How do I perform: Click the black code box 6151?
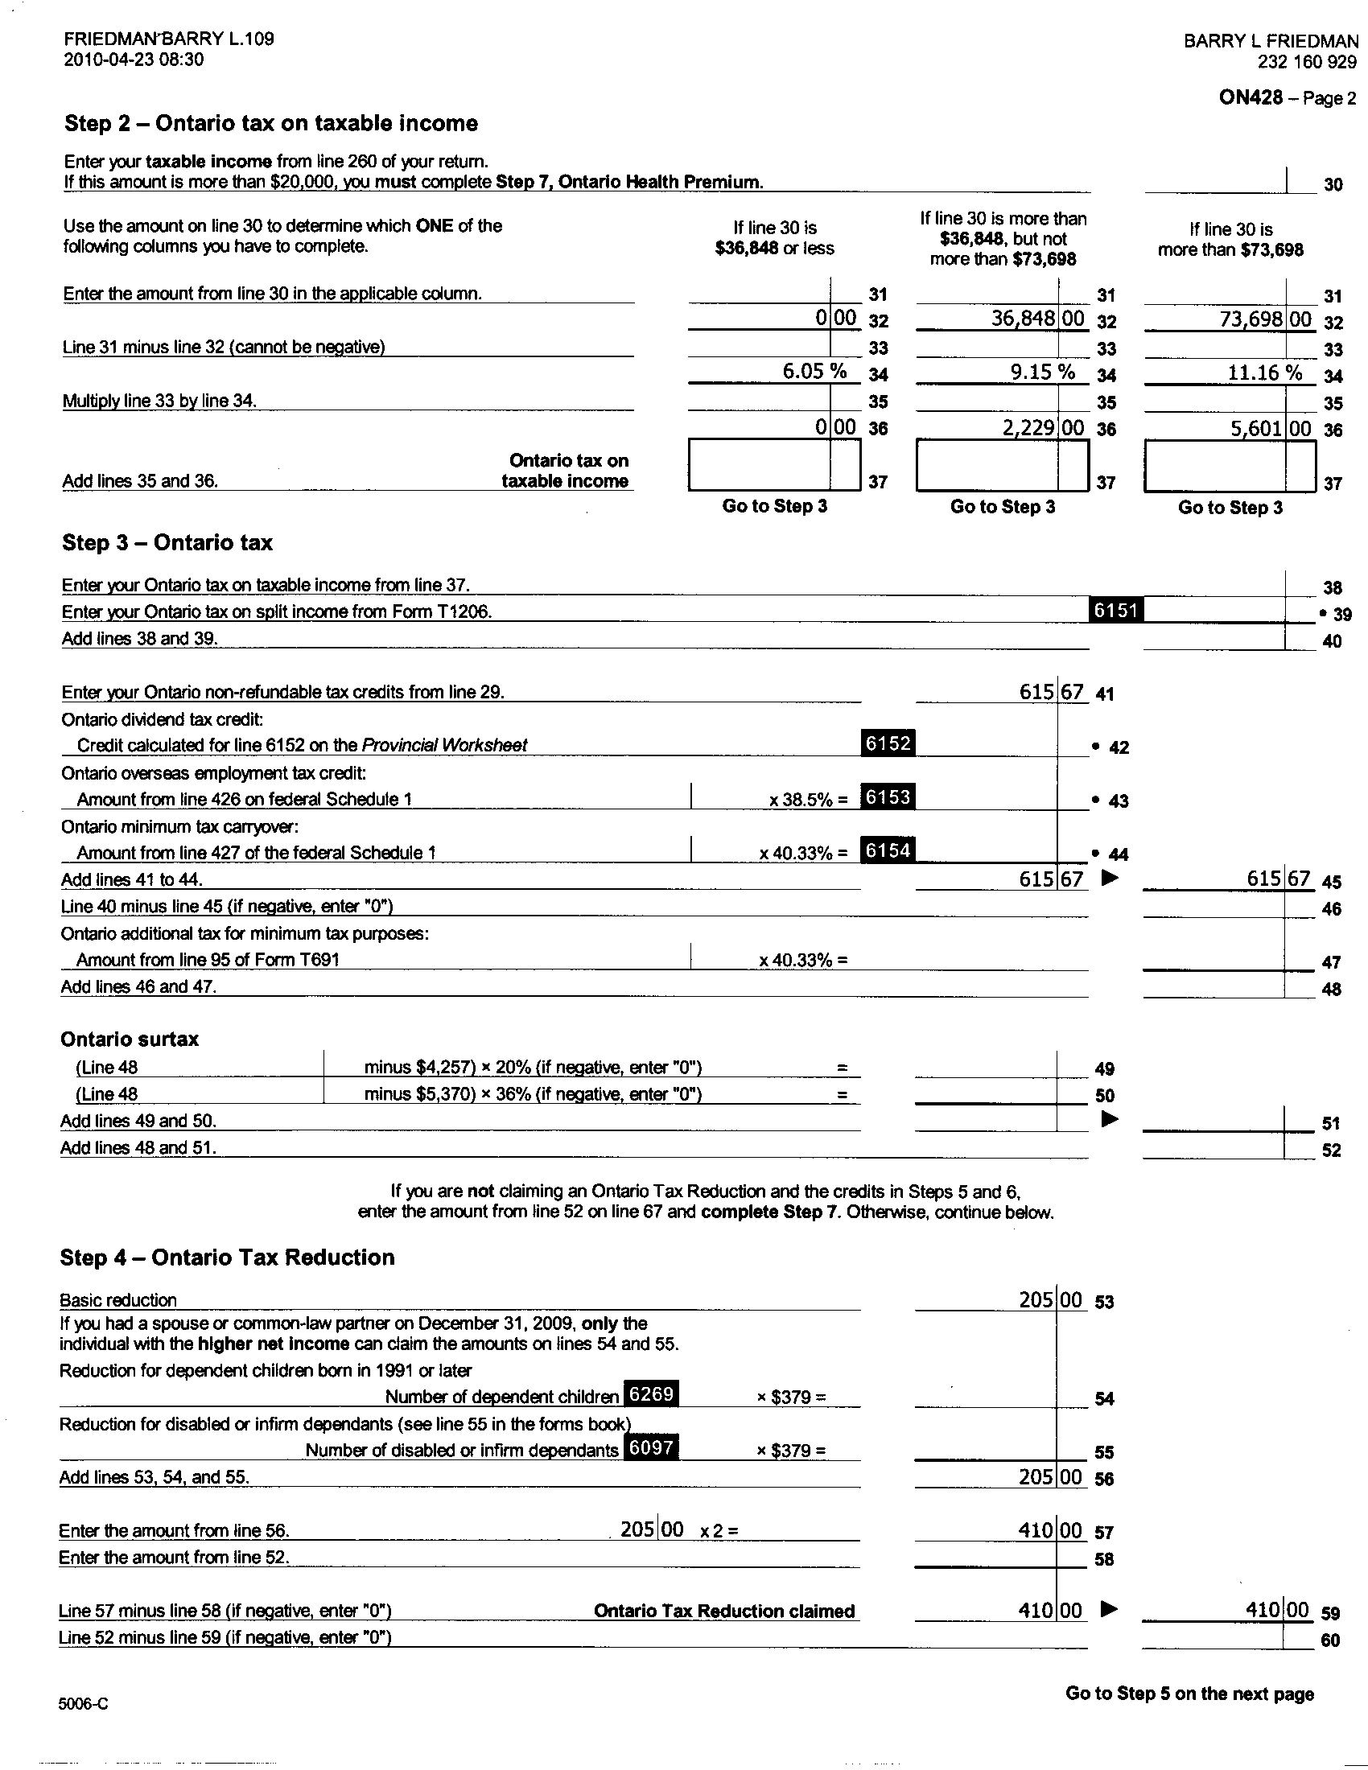coord(1117,611)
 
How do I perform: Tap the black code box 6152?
coord(888,743)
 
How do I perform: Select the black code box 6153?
coord(888,797)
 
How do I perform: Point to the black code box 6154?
coord(888,850)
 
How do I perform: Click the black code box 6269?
coord(651,1394)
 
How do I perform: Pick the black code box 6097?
coord(651,1447)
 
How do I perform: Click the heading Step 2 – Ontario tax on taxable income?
coord(270,123)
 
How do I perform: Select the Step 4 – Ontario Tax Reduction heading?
coord(227,1257)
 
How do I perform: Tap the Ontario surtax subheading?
coord(130,1039)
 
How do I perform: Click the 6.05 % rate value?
coord(814,371)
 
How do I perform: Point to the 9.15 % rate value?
coord(1043,372)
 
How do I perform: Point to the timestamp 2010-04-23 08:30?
coord(134,60)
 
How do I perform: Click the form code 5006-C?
coord(83,1704)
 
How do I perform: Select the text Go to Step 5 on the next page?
coord(1189,1694)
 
